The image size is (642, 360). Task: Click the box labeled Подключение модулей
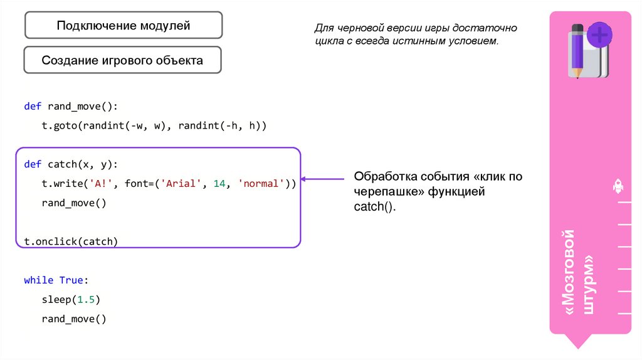(x=123, y=26)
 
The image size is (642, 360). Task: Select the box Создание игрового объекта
(x=123, y=61)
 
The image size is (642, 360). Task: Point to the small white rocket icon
(x=617, y=186)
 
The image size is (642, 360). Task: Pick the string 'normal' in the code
(x=262, y=184)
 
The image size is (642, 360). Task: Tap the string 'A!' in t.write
(x=101, y=184)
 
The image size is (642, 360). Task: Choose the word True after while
(x=71, y=280)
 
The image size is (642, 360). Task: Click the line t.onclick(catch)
(x=71, y=241)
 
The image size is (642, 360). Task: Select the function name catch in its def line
(x=62, y=164)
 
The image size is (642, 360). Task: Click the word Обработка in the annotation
(x=383, y=176)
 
